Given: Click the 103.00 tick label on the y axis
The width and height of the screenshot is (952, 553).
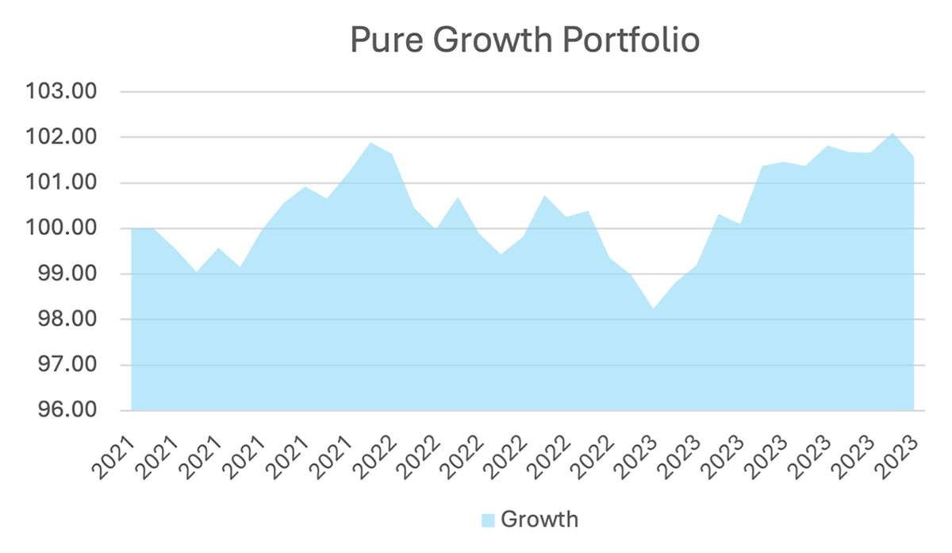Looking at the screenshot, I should click(x=61, y=92).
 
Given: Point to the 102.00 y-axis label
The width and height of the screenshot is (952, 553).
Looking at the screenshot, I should click(x=61, y=138).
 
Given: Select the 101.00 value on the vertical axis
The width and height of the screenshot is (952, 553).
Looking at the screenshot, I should click(x=61, y=183).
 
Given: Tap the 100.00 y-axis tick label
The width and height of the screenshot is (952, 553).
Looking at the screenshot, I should click(x=61, y=229).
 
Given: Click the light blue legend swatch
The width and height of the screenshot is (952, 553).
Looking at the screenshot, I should click(x=488, y=520).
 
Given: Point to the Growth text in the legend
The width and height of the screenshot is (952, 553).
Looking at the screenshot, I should click(x=539, y=520).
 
